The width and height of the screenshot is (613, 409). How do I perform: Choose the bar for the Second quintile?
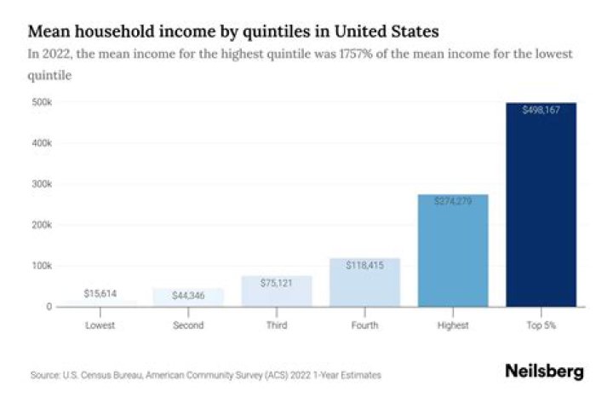188,298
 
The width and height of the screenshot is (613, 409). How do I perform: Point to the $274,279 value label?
453,201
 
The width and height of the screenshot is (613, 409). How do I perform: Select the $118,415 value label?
364,266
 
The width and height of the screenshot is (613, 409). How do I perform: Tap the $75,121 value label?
277,284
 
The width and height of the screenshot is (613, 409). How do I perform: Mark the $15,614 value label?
100,294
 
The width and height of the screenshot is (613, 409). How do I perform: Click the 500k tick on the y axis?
41,102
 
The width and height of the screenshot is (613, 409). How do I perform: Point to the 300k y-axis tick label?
41,184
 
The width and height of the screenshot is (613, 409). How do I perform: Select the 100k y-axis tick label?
41,266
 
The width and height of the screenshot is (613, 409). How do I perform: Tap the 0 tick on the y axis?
49,307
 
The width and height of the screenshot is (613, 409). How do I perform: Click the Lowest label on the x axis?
100,325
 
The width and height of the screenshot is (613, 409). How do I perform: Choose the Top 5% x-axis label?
541,325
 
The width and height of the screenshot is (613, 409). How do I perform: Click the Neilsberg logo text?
544,372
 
